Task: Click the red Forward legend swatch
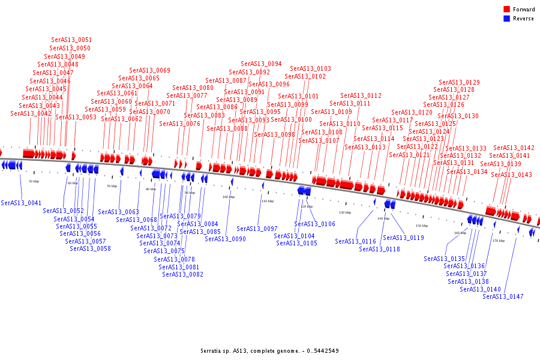pos(507,10)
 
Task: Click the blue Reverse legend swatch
pos(507,19)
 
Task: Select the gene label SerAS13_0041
pos(21,203)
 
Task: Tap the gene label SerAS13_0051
pos(71,40)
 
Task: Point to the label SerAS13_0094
pos(261,64)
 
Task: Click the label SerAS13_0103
pos(310,68)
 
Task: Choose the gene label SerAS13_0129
pos(459,82)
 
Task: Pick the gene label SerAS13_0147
pos(503,296)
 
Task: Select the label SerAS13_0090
pos(225,239)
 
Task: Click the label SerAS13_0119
pos(403,238)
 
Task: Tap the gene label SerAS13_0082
pos(182,274)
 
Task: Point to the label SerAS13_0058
pos(90,248)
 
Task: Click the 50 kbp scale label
pos(34,181)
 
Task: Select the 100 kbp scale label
pos(229,197)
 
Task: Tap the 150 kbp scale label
pos(422,226)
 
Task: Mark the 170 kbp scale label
pos(499,241)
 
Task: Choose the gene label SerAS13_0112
pos(361,95)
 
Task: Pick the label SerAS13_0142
pos(514,148)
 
